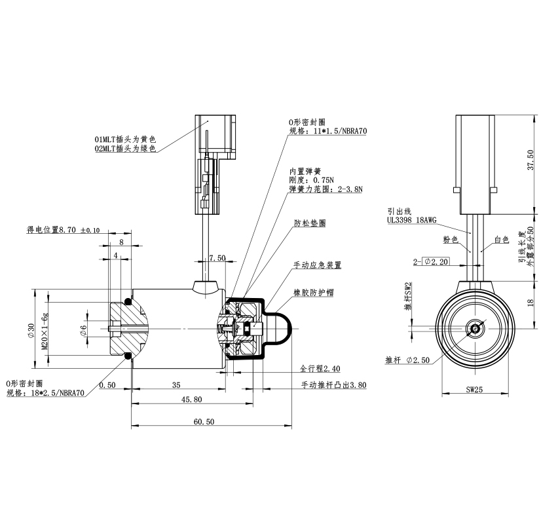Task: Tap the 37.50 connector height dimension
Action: [531, 160]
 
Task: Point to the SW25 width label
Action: [474, 390]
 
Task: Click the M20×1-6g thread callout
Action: [45, 331]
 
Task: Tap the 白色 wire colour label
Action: [502, 240]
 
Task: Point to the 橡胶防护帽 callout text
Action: [312, 292]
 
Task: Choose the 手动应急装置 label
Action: [317, 265]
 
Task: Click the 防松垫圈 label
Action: [310, 223]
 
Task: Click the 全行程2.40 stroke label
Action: [320, 368]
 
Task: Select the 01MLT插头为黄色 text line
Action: [126, 140]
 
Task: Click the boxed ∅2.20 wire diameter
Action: [436, 262]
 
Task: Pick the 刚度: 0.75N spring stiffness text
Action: [312, 179]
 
